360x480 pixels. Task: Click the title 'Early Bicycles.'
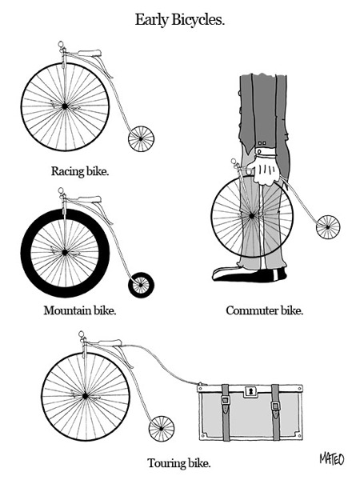tap(179, 19)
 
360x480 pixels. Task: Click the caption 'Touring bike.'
tap(178, 462)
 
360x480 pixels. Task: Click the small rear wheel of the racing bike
tap(141, 139)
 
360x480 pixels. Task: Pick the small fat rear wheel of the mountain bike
tap(142, 284)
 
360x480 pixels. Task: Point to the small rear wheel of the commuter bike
tap(327, 227)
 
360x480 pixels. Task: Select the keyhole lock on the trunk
tap(249, 391)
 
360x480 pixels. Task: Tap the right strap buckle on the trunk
tap(274, 407)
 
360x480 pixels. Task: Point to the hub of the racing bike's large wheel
tap(64, 104)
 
